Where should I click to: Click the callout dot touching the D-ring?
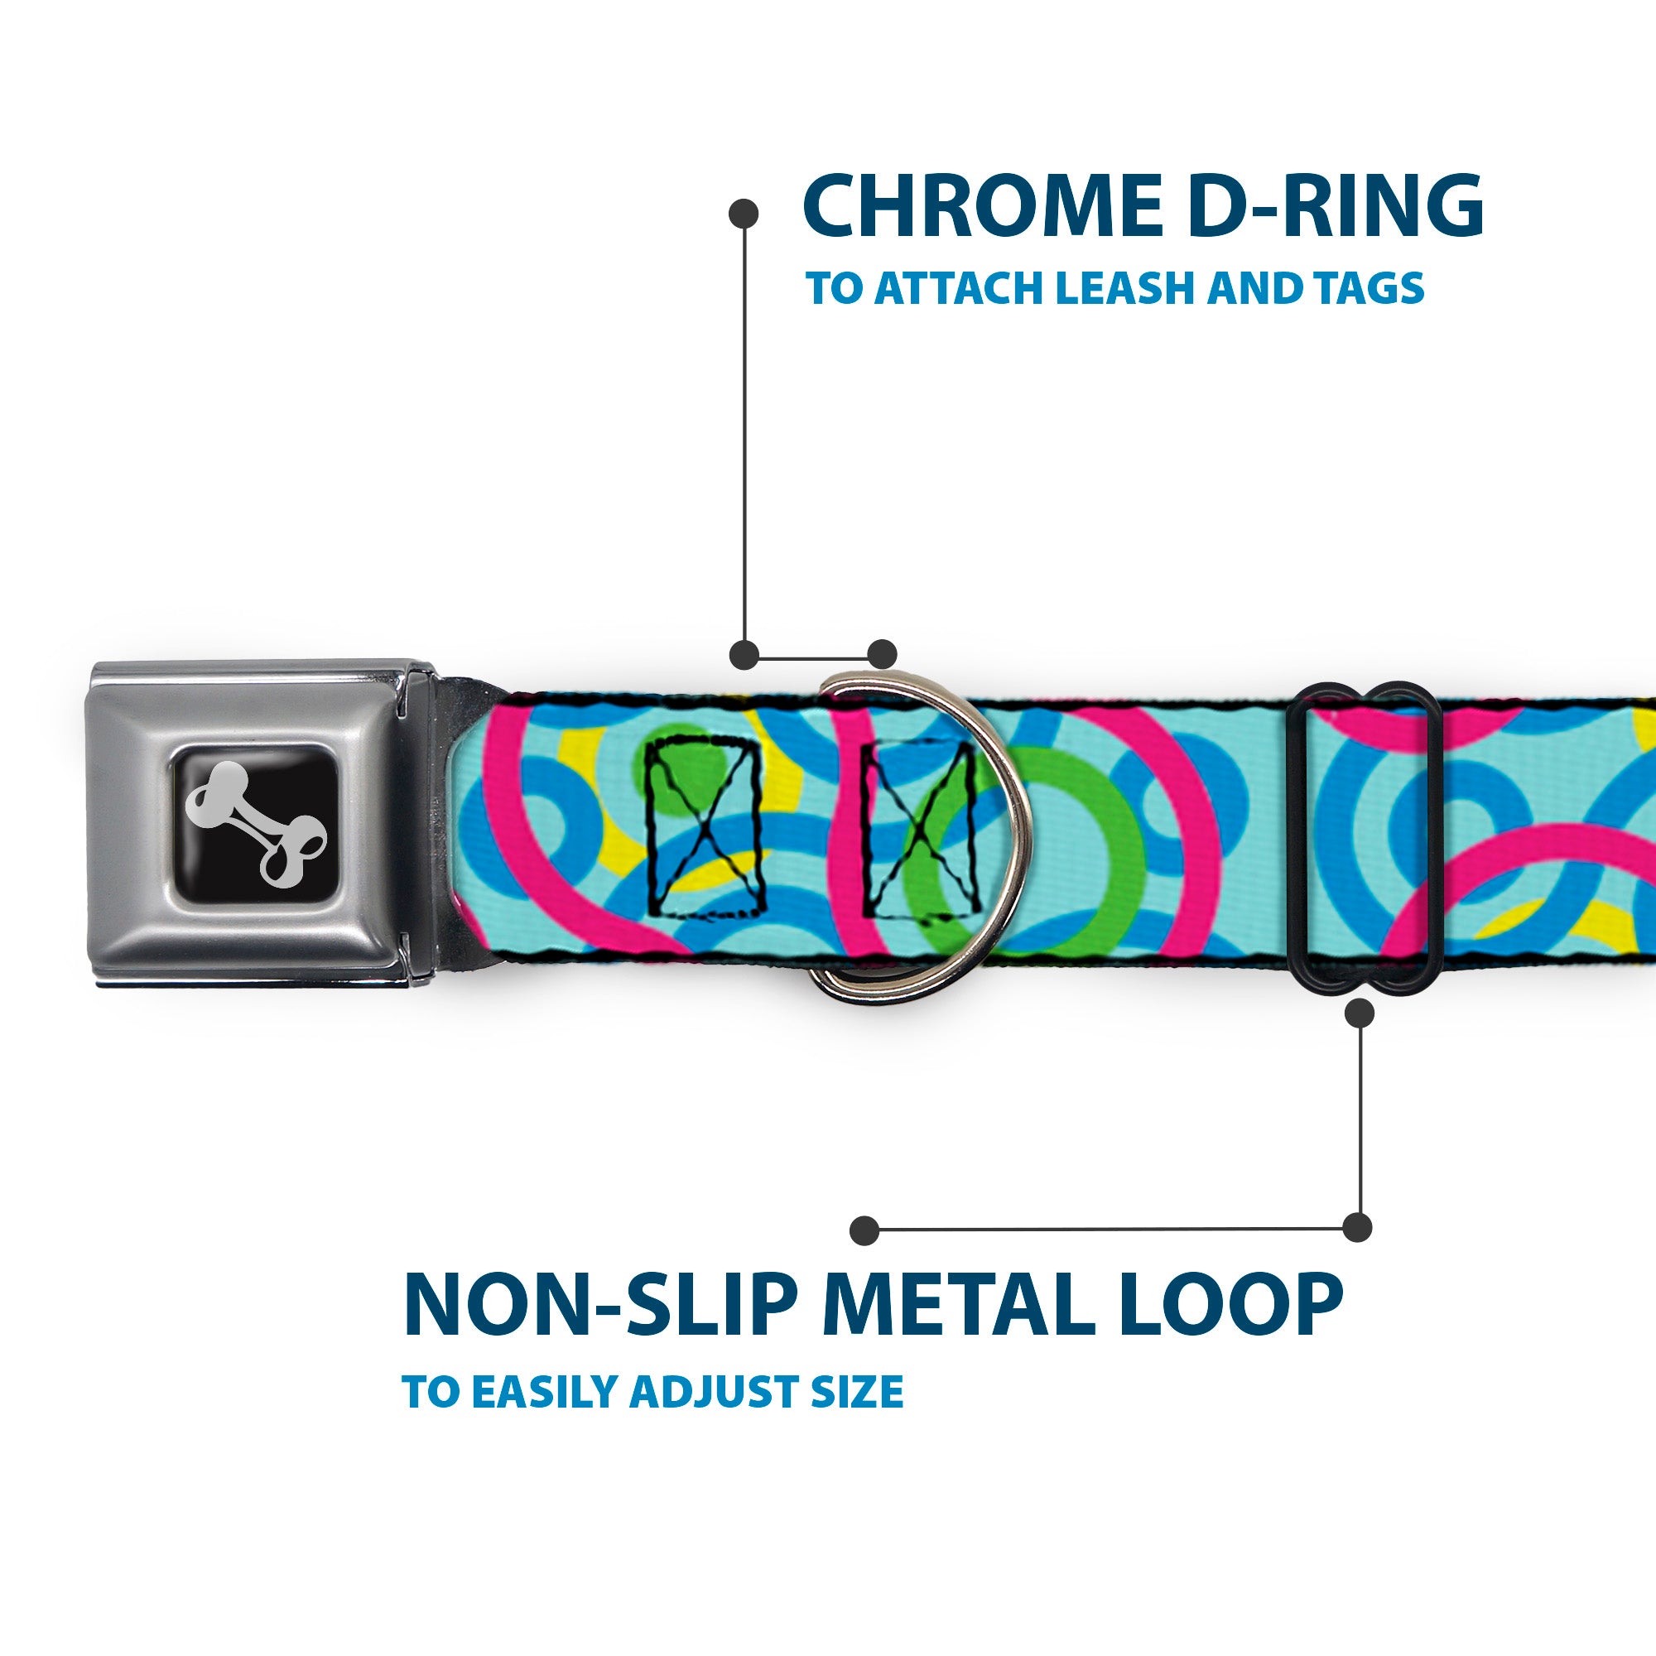(882, 654)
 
